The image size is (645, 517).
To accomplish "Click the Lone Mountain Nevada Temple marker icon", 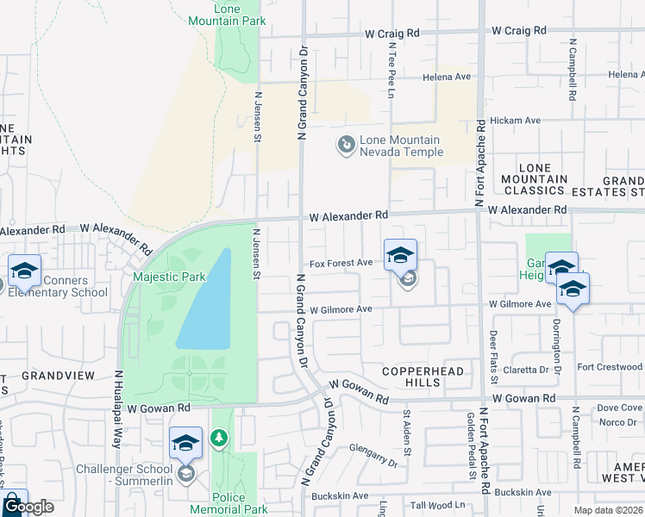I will (346, 144).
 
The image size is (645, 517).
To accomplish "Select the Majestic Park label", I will (169, 277).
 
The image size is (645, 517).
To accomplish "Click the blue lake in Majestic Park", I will (207, 302).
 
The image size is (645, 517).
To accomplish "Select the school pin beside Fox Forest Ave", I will (400, 256).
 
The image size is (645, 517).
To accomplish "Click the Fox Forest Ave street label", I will (341, 263).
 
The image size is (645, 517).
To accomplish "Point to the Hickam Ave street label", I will (516, 121).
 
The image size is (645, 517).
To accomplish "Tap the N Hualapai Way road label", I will (117, 409).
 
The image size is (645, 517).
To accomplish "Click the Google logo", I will (29, 507).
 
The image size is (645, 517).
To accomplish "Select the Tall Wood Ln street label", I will (438, 505).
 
